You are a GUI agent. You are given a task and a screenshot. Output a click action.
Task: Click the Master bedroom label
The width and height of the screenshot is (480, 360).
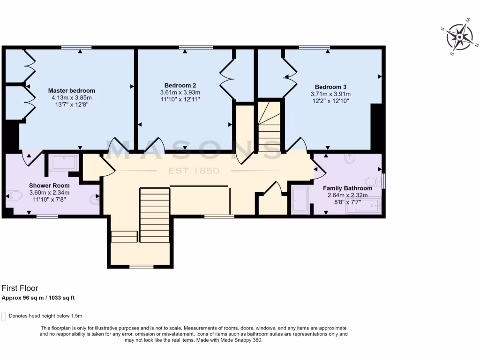tap(72, 90)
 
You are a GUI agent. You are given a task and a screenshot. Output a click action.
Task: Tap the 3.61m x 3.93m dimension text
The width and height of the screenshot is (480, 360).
tap(180, 92)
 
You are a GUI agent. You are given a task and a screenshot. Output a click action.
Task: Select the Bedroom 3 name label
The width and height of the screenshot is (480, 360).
tap(330, 87)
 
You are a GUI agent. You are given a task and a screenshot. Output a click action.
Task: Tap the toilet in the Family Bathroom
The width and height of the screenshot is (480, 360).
tap(375, 181)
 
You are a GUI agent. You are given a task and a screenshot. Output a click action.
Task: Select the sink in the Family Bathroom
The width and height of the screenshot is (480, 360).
tap(349, 160)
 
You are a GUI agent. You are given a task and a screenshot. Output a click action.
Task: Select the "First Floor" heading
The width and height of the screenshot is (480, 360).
tap(20, 288)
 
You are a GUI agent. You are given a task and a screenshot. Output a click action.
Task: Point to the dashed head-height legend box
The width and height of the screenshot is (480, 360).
tap(4, 316)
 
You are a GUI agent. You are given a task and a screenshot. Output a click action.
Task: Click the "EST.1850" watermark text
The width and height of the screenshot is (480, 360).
tap(194, 171)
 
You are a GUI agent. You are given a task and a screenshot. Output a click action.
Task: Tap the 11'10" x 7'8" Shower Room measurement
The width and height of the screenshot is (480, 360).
tap(49, 199)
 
